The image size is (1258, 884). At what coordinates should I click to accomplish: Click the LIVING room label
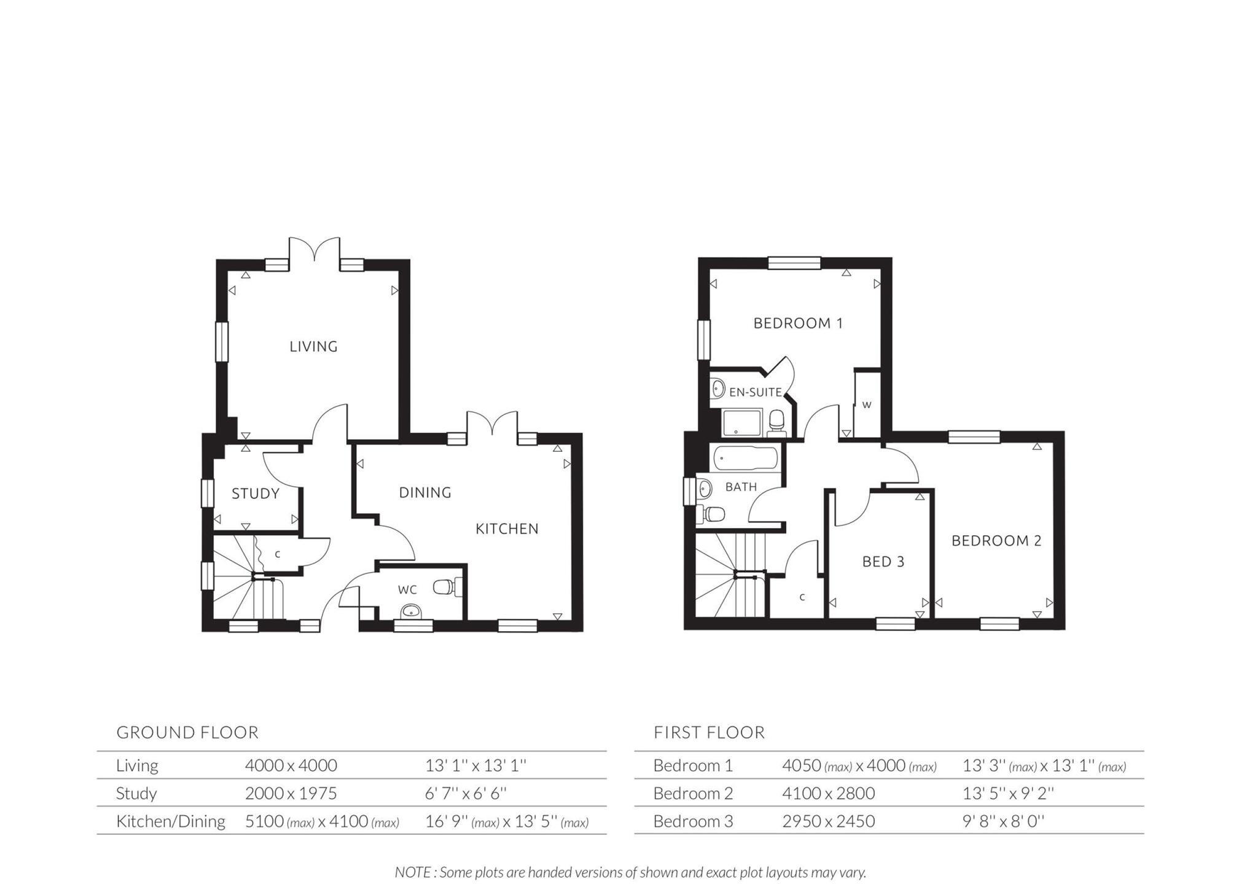313,346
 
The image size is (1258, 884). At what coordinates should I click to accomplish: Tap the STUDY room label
256,494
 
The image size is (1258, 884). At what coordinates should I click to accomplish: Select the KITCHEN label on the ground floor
507,529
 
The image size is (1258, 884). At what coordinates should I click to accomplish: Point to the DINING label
425,492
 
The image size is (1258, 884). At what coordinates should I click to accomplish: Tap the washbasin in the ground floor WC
410,611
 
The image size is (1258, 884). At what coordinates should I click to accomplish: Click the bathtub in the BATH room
745,459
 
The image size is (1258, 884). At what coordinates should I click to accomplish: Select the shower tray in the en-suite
741,424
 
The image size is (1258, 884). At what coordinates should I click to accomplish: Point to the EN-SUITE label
755,392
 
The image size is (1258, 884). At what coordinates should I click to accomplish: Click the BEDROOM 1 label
798,323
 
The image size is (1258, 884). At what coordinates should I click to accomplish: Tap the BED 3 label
883,562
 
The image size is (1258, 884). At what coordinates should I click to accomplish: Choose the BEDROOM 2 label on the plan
996,541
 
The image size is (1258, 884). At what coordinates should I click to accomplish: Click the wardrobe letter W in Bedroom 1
866,405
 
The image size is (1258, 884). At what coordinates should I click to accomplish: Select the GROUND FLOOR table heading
187,732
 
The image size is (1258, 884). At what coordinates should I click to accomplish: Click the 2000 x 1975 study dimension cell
291,793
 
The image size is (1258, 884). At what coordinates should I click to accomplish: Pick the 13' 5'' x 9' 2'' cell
1007,793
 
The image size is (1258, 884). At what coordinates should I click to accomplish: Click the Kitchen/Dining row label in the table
170,821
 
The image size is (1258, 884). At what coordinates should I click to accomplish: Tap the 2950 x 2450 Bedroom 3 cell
828,821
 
